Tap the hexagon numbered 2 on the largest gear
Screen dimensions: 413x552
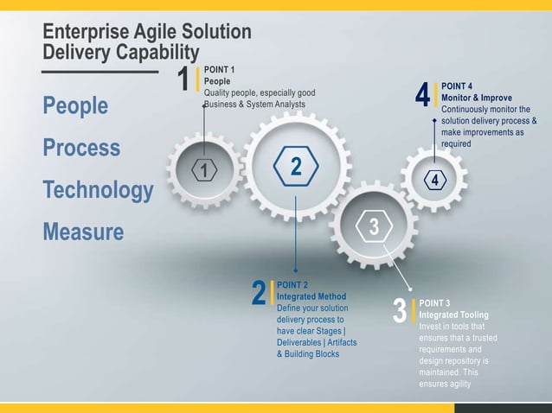[x=296, y=165]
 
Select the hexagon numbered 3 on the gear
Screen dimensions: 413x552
[x=374, y=227]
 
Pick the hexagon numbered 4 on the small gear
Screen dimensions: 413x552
[x=435, y=180]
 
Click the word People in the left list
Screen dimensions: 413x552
[x=76, y=106]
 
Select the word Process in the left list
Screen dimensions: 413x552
[x=82, y=149]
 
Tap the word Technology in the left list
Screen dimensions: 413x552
[x=98, y=190]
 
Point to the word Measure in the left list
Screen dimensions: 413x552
[x=83, y=232]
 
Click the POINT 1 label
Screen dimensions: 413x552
[x=221, y=68]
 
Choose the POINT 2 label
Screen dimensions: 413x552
[x=293, y=284]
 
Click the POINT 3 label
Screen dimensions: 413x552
[x=434, y=303]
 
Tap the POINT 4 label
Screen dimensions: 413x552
[x=457, y=86]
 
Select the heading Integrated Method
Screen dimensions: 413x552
[x=311, y=296]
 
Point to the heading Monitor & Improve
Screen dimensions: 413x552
[x=483, y=98]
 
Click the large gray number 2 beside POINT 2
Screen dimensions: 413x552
[x=258, y=293]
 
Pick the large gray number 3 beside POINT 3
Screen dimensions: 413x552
[x=399, y=312]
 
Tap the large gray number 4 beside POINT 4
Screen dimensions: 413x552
[x=422, y=96]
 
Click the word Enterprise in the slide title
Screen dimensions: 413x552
[x=89, y=33]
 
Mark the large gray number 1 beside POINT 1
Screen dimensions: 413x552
[x=183, y=79]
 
